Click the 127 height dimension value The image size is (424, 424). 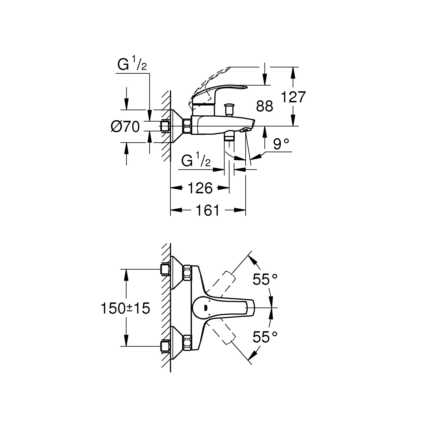pyautogui.click(x=293, y=97)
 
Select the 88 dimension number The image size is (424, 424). pyautogui.click(x=265, y=106)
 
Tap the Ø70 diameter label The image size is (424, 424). pyautogui.click(x=126, y=127)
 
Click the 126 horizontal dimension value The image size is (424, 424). pyautogui.click(x=200, y=188)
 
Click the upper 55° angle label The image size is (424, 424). pyautogui.click(x=265, y=280)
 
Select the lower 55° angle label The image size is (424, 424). pyautogui.click(x=265, y=337)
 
